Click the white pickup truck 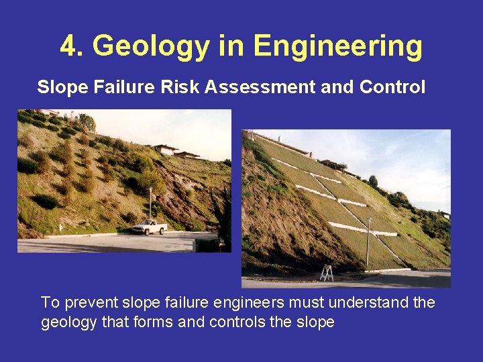(149, 227)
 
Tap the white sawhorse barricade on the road (327, 273)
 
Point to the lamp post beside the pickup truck (150, 204)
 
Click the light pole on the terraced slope (368, 243)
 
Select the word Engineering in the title (338, 46)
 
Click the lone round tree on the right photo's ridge (373, 181)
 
